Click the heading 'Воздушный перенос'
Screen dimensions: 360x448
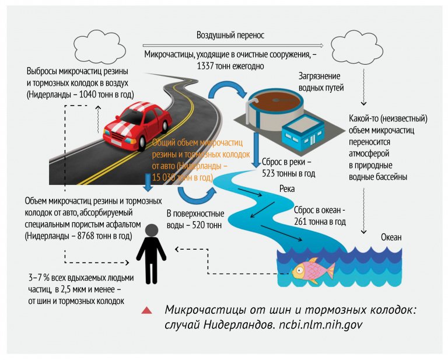pyautogui.click(x=230, y=35)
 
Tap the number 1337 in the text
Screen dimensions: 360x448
pyautogui.click(x=209, y=66)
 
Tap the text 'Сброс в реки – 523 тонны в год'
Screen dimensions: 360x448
pyautogui.click(x=289, y=167)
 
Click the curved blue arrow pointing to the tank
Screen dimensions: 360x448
pyautogui.click(x=227, y=88)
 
